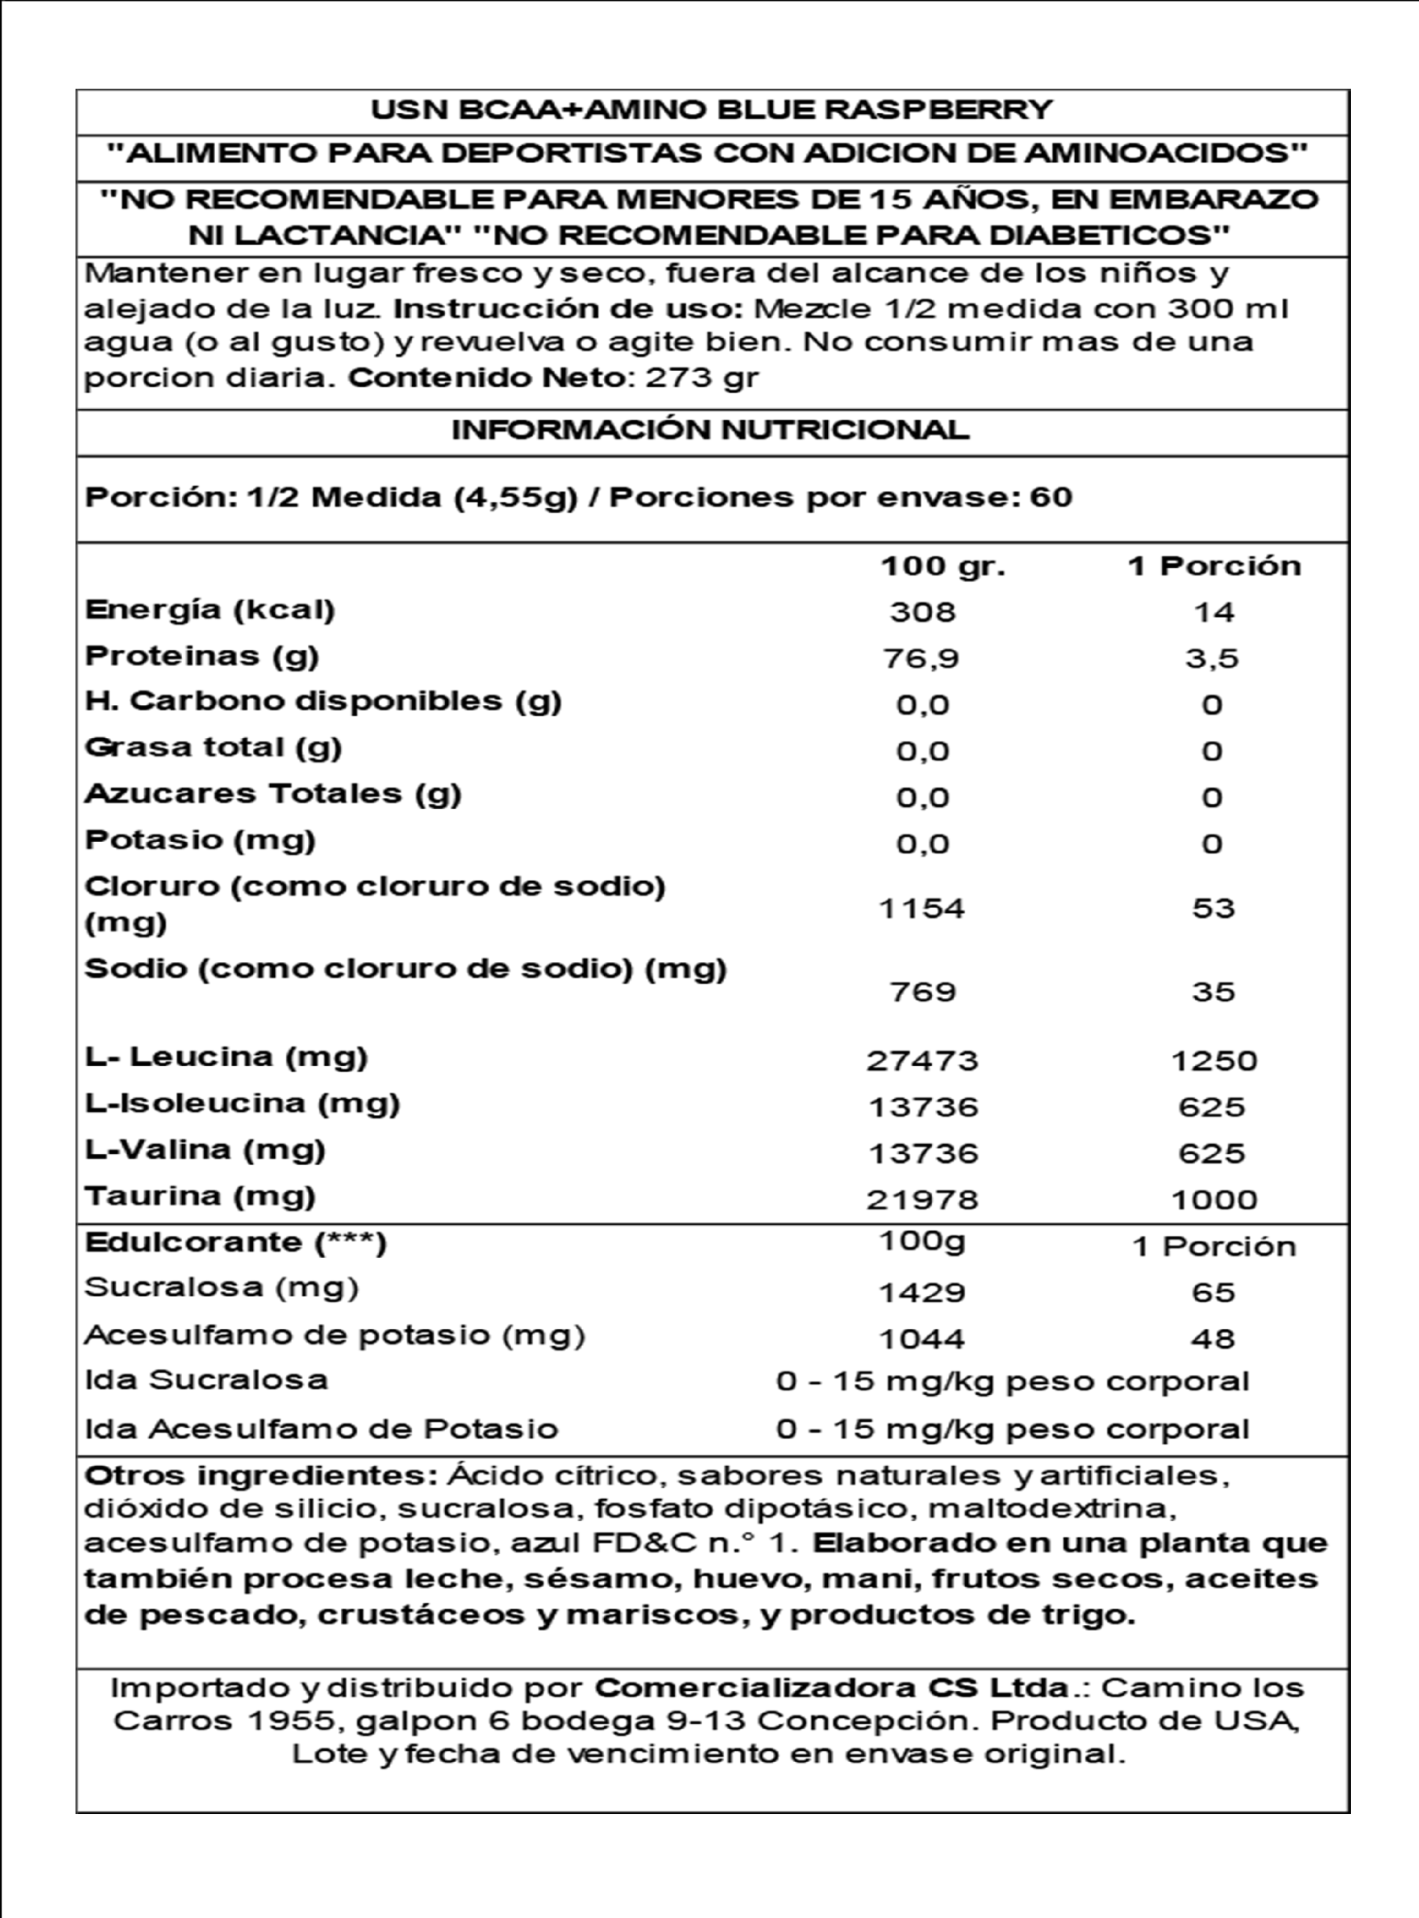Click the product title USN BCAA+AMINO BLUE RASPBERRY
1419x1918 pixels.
click(x=711, y=110)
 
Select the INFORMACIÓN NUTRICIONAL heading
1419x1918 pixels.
click(x=710, y=429)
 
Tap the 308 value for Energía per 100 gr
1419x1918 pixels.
click(x=922, y=611)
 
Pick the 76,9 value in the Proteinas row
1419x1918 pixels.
click(x=922, y=659)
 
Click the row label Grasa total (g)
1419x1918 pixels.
click(x=213, y=747)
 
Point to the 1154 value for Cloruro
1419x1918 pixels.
click(x=922, y=908)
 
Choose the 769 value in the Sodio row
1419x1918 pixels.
click(x=922, y=992)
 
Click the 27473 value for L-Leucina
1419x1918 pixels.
click(x=922, y=1061)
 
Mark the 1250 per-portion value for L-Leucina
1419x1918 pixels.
click(x=1214, y=1061)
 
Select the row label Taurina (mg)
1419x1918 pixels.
click(x=200, y=1196)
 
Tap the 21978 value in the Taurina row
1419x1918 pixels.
click(x=922, y=1199)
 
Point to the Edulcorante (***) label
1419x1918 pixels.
click(x=235, y=1242)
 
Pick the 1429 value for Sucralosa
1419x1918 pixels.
click(x=922, y=1292)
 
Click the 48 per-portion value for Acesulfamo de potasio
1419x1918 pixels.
click(x=1214, y=1338)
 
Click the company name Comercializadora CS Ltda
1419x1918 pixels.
click(x=832, y=1688)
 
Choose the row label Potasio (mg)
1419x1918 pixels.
click(x=200, y=839)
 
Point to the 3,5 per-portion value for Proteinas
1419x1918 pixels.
click(x=1212, y=659)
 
